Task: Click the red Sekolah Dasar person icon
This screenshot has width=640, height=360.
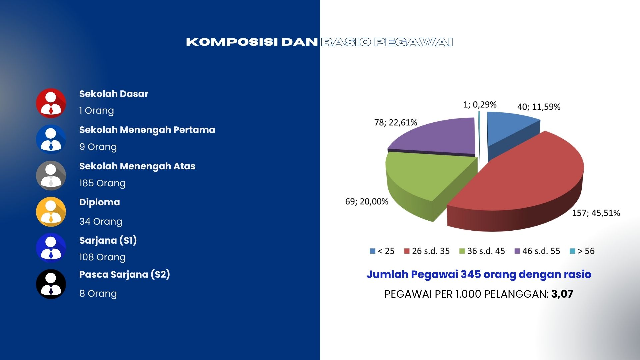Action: click(x=51, y=103)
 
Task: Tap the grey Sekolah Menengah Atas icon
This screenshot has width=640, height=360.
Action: click(x=51, y=175)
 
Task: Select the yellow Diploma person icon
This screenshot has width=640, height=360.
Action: click(x=51, y=212)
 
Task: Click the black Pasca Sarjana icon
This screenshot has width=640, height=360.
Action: click(x=51, y=284)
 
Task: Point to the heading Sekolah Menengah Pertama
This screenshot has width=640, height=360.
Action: click(x=147, y=130)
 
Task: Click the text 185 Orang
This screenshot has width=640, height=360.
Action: click(x=102, y=183)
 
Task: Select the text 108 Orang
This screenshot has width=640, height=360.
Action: click(x=102, y=257)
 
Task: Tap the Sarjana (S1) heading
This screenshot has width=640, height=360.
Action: click(x=108, y=240)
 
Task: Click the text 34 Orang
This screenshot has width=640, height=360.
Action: click(x=101, y=221)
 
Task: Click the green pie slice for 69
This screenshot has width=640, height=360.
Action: click(x=423, y=180)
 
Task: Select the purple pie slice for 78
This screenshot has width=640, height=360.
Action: click(x=437, y=137)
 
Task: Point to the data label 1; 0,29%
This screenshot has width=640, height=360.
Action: click(x=480, y=105)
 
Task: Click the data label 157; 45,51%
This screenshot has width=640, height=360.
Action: click(x=596, y=213)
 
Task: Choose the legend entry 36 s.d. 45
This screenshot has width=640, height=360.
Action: click(x=482, y=251)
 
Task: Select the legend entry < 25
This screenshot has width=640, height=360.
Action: click(x=382, y=251)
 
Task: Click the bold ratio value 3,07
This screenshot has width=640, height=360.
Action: click(x=562, y=294)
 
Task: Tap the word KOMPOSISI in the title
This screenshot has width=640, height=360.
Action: click(x=232, y=42)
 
